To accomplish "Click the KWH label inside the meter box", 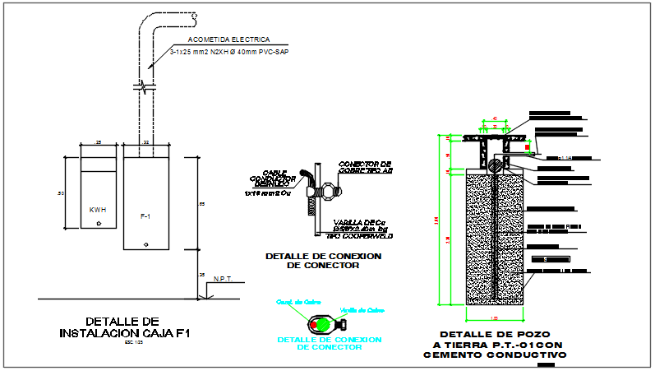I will click(x=97, y=210).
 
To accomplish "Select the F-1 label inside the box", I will click(x=145, y=216).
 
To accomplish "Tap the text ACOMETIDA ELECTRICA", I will click(x=228, y=39).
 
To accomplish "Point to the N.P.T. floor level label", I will click(x=223, y=279).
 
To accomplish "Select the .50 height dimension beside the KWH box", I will click(x=60, y=193).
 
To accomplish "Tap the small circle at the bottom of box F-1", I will click(x=145, y=243).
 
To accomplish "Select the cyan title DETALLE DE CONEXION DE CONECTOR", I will click(x=329, y=343).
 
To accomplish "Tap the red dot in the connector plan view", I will click(x=314, y=325).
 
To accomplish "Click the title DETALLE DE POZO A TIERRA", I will click(x=495, y=344).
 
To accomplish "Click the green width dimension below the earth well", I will click(x=495, y=318).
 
